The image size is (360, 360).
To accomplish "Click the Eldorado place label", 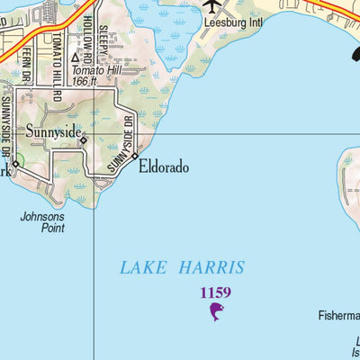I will pyautogui.click(x=164, y=166).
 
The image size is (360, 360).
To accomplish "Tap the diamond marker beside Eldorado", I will pyautogui.click(x=134, y=157).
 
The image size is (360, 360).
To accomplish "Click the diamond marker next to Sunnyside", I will pyautogui.click(x=83, y=140).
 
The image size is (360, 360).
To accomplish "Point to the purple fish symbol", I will pyautogui.click(x=215, y=312).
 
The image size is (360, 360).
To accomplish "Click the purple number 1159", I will pyautogui.click(x=215, y=292).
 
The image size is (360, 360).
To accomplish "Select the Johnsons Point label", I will pyautogui.click(x=42, y=221).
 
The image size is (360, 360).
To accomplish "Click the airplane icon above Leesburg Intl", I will pyautogui.click(x=212, y=4).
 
